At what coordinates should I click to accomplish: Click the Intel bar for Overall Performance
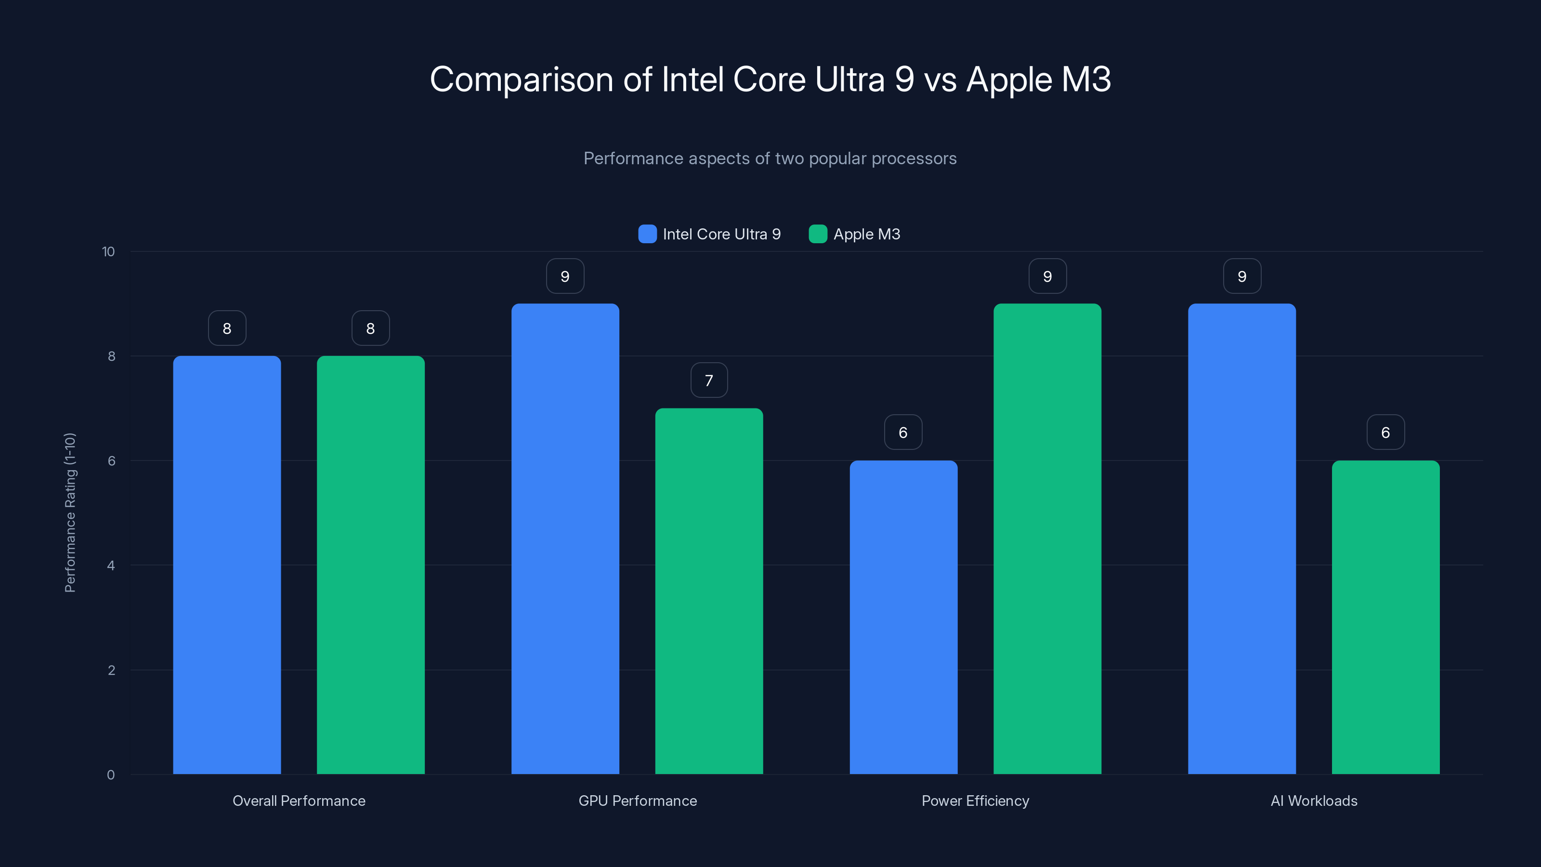pyautogui.click(x=227, y=565)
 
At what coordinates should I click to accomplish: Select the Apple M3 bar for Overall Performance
pyautogui.click(x=370, y=565)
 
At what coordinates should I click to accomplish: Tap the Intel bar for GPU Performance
pyautogui.click(x=565, y=539)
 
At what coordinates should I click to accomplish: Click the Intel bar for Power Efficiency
pyautogui.click(x=903, y=617)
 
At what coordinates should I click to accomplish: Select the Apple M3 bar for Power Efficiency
pyautogui.click(x=1047, y=539)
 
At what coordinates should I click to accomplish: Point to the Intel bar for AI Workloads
pyautogui.click(x=1242, y=539)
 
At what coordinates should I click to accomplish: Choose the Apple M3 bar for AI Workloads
pyautogui.click(x=1385, y=617)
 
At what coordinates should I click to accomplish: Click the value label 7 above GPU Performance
pyautogui.click(x=709, y=381)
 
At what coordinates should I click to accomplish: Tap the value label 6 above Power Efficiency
pyautogui.click(x=903, y=433)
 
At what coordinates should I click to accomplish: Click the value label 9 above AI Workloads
pyautogui.click(x=1242, y=276)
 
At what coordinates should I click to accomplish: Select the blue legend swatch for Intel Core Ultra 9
pyautogui.click(x=647, y=234)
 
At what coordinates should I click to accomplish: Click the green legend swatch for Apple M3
pyautogui.click(x=818, y=234)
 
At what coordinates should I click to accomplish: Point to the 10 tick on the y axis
pyautogui.click(x=108, y=252)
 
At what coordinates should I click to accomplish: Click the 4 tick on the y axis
pyautogui.click(x=111, y=565)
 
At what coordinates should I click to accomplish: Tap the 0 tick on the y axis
pyautogui.click(x=111, y=775)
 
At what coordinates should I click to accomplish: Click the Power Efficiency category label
pyautogui.click(x=975, y=801)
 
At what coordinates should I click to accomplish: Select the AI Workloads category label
pyautogui.click(x=1314, y=801)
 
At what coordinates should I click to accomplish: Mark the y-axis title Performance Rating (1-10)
pyautogui.click(x=70, y=513)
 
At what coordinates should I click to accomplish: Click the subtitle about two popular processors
pyautogui.click(x=770, y=158)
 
